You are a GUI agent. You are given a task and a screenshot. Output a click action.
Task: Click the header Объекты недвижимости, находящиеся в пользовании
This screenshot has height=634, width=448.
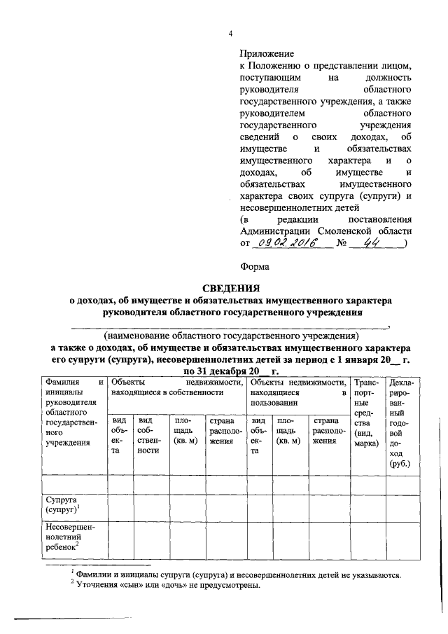click(299, 393)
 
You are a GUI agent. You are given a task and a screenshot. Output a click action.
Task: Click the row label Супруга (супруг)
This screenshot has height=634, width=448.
click(63, 506)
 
